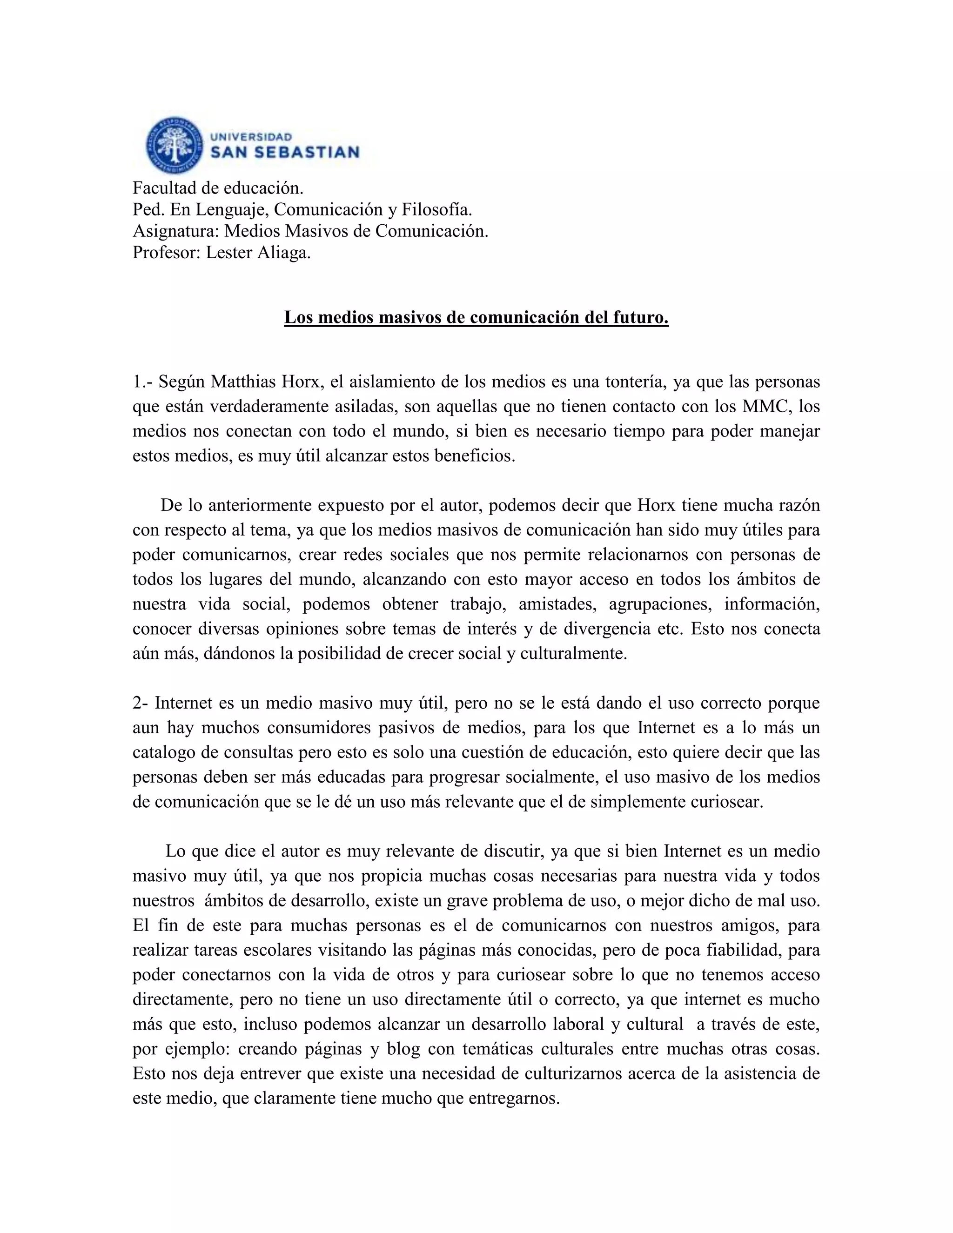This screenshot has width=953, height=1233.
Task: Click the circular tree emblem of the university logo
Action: (x=174, y=146)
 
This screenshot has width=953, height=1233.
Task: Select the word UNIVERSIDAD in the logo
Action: (x=251, y=137)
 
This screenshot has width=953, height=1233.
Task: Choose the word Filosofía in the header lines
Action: (x=436, y=209)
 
